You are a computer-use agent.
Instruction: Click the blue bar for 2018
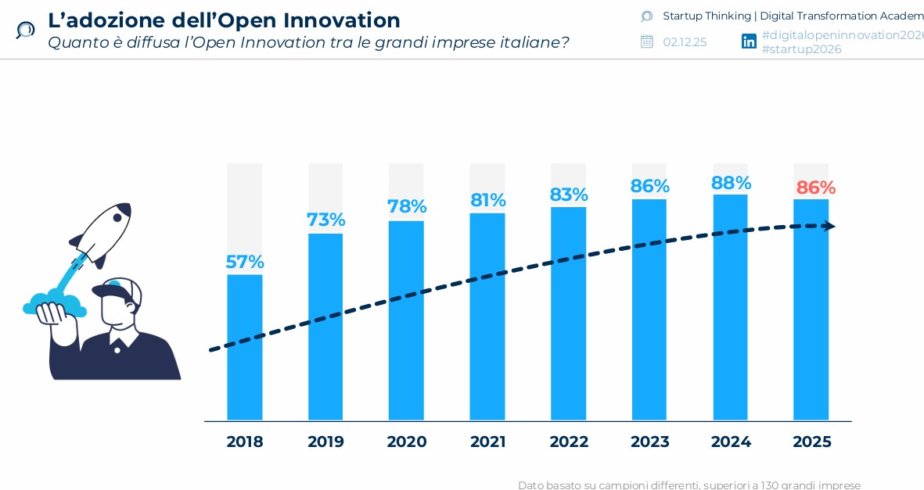245,347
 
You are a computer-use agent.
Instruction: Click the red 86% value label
815,188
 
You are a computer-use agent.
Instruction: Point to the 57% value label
245,262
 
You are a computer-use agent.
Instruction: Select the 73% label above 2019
325,220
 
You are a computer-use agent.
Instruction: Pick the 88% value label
731,183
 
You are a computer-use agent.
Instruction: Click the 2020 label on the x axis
407,442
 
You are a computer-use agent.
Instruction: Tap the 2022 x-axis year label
569,442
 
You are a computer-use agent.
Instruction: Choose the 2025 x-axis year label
811,442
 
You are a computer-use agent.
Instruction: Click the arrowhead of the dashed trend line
829,227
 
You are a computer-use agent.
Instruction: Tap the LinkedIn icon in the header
749,41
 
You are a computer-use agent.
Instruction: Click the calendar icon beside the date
646,41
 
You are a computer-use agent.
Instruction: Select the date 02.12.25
685,42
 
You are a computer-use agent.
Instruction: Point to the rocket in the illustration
106,232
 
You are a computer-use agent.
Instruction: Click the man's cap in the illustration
117,290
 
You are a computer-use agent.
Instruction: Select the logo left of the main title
25,30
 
